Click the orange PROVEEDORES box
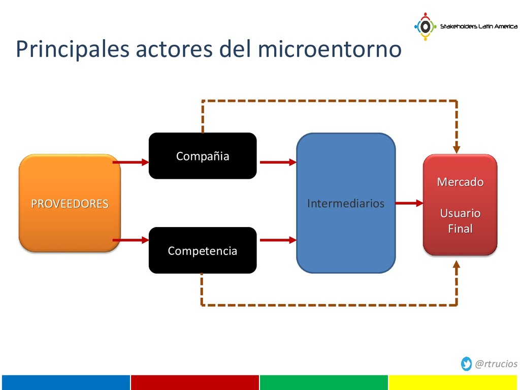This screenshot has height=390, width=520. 70,203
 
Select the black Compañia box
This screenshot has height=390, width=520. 202,156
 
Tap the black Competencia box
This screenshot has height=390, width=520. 202,250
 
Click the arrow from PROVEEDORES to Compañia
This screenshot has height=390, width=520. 131,162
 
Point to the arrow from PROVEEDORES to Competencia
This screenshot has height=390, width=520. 131,239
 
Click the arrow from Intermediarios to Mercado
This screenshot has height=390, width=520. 409,203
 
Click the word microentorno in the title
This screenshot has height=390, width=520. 330,49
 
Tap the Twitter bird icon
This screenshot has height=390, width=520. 466,364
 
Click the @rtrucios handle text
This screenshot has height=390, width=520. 496,364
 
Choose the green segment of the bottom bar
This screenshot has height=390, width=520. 323,382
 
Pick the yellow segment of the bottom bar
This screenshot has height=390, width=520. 453,382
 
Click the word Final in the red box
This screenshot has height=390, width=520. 460,229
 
